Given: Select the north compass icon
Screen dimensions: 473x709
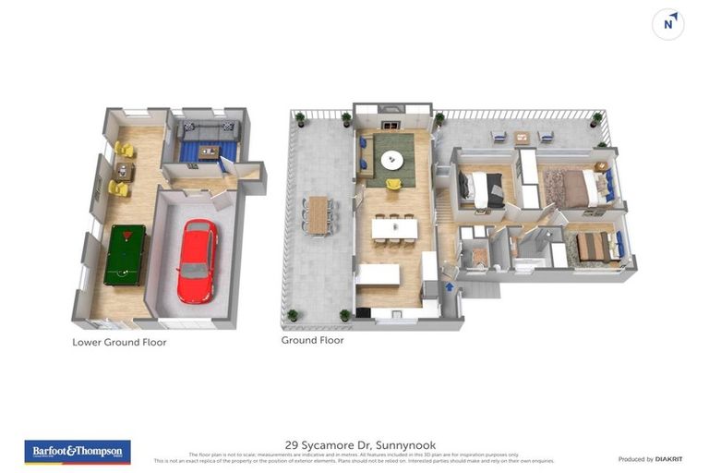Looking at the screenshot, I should point(667,24).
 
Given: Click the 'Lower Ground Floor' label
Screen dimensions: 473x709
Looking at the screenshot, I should point(119,342).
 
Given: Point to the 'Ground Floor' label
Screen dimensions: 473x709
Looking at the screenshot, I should point(312,340).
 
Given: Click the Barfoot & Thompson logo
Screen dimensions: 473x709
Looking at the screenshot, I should point(77,452).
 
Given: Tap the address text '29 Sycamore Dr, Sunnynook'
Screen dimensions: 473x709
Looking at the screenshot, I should point(354,444).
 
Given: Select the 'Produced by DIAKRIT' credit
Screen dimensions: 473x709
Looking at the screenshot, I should point(648,459).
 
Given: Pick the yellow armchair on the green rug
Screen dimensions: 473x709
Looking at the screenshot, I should point(393,184).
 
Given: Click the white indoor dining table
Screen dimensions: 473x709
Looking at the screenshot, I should point(394,227).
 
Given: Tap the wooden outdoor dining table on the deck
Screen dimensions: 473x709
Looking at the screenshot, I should point(318,215).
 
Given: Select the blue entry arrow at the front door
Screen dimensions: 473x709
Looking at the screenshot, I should point(451,287).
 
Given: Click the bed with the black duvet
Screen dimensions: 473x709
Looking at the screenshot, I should point(480,188).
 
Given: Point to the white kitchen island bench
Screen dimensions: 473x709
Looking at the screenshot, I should point(378,274).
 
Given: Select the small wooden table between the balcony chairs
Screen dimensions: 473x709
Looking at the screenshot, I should point(522,138).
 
